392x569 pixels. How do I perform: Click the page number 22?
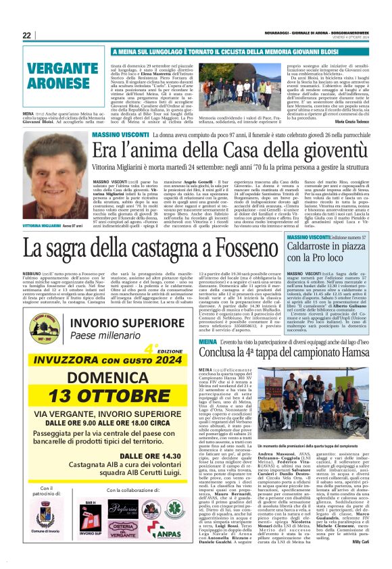pyautogui.click(x=27, y=35)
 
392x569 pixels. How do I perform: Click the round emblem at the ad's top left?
pyautogui.click(x=42, y=328)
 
